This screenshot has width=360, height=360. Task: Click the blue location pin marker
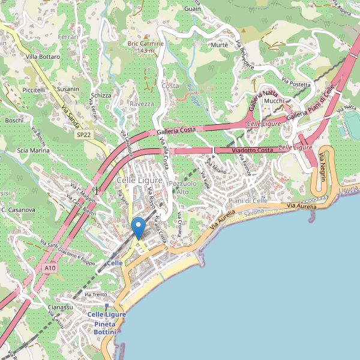coord(139,228)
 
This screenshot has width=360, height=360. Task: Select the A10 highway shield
coord(50,268)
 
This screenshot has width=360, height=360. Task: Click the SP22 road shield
coord(84,136)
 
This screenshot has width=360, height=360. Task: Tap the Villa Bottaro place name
coord(43,56)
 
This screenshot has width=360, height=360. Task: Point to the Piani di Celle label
coord(247,200)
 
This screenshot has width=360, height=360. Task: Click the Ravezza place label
coord(142,104)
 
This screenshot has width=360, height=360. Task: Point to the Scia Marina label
coord(34,151)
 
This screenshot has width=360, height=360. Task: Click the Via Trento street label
coord(96,295)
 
